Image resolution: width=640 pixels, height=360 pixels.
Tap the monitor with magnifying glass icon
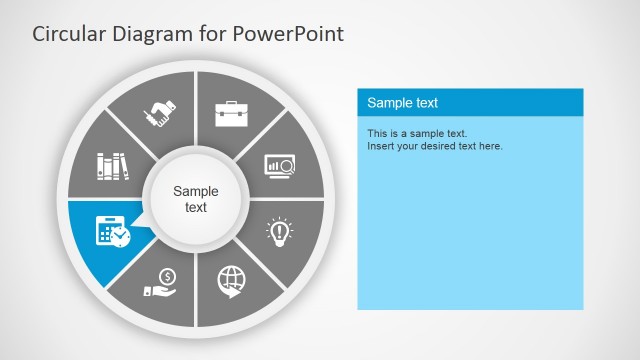(x=279, y=165)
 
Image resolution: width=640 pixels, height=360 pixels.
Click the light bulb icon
(x=279, y=231)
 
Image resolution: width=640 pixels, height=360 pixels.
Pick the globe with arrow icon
(x=231, y=280)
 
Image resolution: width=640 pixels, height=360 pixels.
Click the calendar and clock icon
(x=111, y=231)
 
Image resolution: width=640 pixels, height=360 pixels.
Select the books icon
(x=112, y=165)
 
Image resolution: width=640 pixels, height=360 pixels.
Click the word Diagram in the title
(x=151, y=34)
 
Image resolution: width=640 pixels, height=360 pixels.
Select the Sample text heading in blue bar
(x=402, y=103)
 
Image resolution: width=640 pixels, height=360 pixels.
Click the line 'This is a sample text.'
(x=417, y=133)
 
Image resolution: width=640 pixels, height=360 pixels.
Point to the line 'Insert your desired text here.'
(x=434, y=146)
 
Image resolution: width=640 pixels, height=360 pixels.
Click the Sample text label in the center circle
(x=196, y=199)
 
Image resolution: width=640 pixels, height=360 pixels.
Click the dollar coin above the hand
(x=167, y=276)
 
